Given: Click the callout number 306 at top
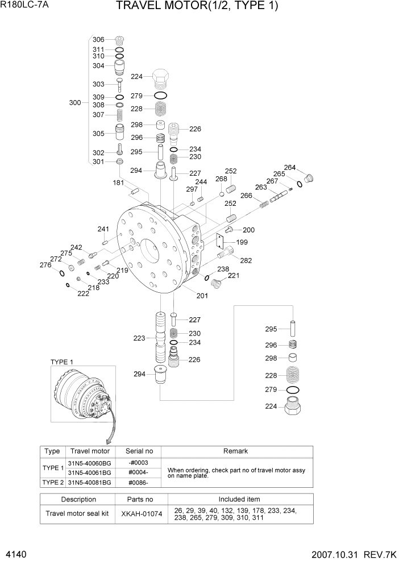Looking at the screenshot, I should (98, 39).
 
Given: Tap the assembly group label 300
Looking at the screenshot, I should (74, 103).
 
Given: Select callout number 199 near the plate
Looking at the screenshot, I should (242, 242).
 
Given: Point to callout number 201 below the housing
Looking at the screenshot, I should (202, 295).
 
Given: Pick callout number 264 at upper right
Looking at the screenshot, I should (290, 168).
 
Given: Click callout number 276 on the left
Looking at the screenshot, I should (45, 265).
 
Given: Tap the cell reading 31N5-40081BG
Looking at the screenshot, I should (89, 482).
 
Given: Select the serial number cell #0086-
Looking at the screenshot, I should (138, 482).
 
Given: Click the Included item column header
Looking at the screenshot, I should (235, 499).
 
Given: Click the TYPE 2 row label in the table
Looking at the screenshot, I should (53, 482).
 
